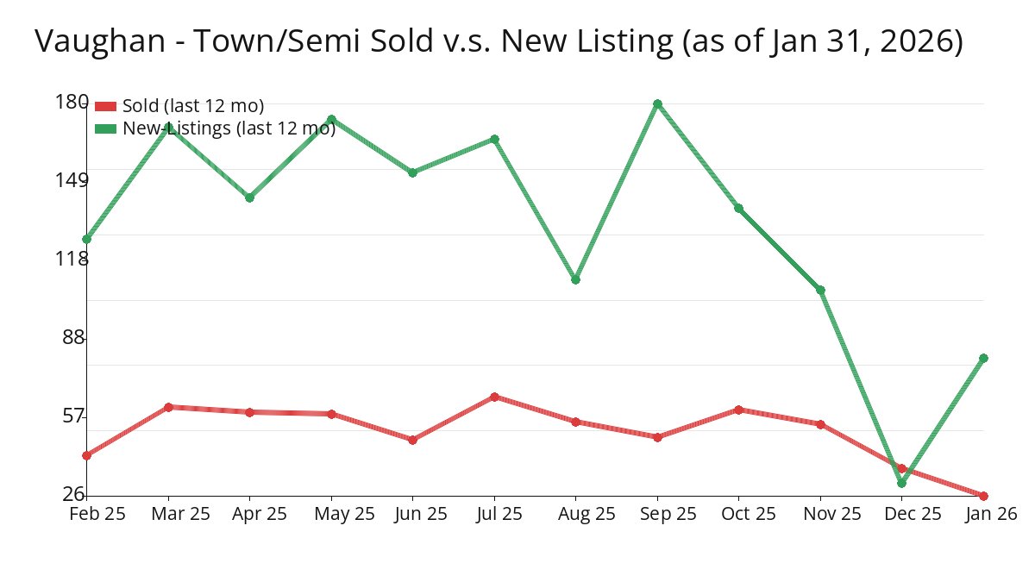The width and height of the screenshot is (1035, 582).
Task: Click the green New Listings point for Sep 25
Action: (x=657, y=103)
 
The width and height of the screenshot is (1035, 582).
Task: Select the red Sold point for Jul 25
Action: (x=494, y=397)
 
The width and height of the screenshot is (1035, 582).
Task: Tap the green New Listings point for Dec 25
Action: (x=901, y=483)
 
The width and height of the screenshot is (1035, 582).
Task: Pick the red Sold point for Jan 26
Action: (x=983, y=496)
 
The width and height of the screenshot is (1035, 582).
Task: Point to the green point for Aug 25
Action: (x=575, y=279)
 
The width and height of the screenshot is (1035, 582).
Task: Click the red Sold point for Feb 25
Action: (x=86, y=455)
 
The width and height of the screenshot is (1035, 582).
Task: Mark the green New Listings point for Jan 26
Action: (x=983, y=358)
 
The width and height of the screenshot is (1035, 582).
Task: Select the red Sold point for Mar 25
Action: (x=168, y=407)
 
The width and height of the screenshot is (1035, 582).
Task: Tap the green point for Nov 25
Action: (x=820, y=290)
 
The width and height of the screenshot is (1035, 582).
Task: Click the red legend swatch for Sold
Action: (x=105, y=106)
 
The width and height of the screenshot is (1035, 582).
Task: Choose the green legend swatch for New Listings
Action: (x=105, y=128)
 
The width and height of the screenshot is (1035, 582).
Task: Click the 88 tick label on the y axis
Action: (x=75, y=337)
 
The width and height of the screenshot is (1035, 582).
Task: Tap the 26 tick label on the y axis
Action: (x=75, y=493)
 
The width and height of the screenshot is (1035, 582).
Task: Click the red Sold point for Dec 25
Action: (x=901, y=468)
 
